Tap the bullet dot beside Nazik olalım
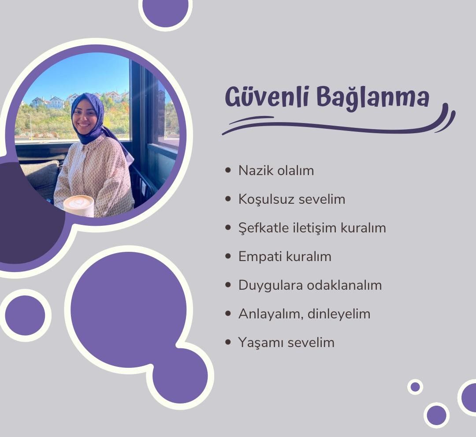[228, 170]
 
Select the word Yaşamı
[260, 343]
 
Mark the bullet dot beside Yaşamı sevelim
[228, 342]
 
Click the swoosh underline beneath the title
[335, 126]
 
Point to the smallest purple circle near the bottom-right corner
[415, 387]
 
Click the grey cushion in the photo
[41, 176]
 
